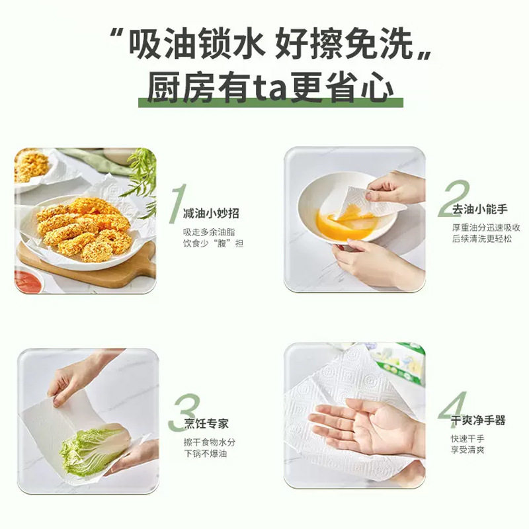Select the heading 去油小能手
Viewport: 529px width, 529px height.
click(x=479, y=210)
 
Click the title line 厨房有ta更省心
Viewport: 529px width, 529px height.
click(x=270, y=89)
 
